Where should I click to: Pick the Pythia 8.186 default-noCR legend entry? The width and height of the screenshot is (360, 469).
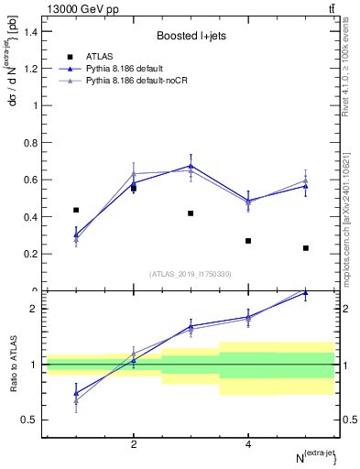coord(144,82)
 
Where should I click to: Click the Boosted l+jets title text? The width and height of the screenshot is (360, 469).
coord(191,36)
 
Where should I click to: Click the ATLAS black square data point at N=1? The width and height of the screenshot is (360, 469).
coord(76,210)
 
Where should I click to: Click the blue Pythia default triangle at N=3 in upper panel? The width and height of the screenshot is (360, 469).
coord(191,166)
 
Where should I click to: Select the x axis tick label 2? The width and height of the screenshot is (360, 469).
coord(134,444)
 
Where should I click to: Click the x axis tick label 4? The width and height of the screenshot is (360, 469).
coord(248,444)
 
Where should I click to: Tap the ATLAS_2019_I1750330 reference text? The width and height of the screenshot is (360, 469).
coord(191,274)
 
